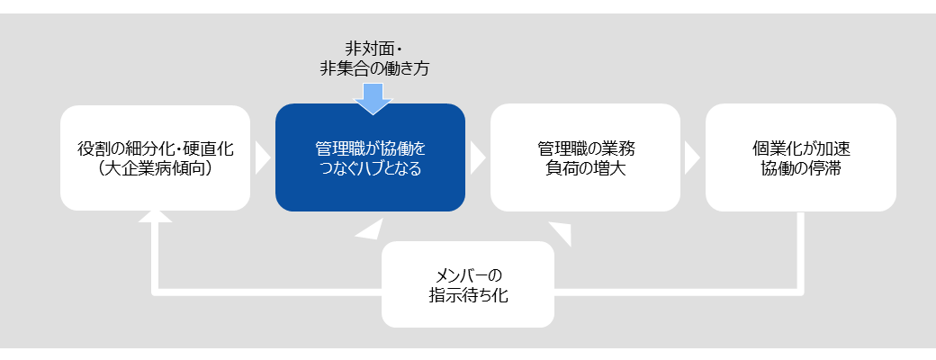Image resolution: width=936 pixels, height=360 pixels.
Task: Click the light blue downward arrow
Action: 373,98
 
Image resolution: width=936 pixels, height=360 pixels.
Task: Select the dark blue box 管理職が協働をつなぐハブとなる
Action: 370,157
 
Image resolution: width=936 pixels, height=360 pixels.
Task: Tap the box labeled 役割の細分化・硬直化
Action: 155,157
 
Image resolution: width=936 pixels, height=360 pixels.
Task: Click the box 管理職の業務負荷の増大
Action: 585,157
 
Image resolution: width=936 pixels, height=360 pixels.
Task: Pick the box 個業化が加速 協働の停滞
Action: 800,157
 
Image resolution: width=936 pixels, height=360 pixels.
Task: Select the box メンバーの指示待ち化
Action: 468,284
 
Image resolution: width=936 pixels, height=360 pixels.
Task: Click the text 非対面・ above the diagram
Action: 373,48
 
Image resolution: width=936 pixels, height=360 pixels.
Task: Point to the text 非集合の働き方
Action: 374,68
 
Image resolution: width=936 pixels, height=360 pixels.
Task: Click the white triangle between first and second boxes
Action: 263,157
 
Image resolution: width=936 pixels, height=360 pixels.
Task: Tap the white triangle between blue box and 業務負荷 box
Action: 478,157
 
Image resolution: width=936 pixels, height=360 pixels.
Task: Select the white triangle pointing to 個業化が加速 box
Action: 692,157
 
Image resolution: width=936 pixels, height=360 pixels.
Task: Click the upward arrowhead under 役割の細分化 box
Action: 155,217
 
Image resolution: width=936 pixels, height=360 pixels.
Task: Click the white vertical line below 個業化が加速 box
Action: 800,251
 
